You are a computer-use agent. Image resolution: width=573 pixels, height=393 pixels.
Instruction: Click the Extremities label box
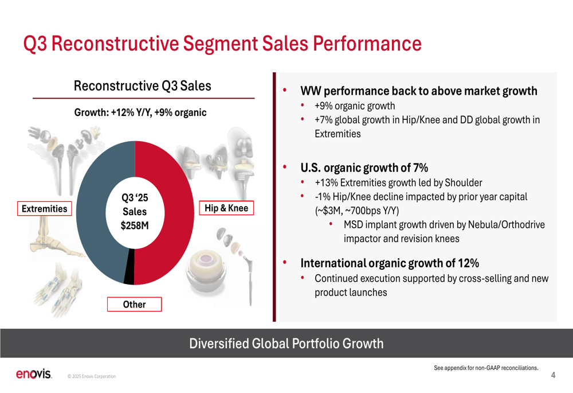[x=44, y=209]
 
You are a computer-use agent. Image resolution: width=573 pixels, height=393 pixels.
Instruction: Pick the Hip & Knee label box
[x=226, y=208]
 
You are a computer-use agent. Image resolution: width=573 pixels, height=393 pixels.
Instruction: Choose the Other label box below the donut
[x=135, y=305]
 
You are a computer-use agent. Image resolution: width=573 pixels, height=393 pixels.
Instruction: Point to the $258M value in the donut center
[x=135, y=225]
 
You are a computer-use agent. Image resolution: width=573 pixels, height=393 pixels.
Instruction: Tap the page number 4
[x=553, y=376]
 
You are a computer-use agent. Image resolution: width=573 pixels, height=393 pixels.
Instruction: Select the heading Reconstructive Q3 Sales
[x=142, y=87]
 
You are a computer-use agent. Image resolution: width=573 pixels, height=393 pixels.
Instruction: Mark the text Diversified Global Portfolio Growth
[x=286, y=344]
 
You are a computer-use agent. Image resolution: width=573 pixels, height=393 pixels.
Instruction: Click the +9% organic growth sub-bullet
[x=355, y=106]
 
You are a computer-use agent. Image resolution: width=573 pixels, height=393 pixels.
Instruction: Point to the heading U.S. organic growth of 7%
[x=364, y=168]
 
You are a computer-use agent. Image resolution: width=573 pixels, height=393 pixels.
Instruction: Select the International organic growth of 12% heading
[x=390, y=263]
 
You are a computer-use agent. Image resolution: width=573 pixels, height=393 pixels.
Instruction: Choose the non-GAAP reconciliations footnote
[x=485, y=368]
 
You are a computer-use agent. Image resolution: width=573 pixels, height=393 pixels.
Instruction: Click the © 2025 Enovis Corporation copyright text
[x=91, y=376]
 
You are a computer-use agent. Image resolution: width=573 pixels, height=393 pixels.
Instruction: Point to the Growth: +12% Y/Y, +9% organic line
[x=140, y=112]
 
